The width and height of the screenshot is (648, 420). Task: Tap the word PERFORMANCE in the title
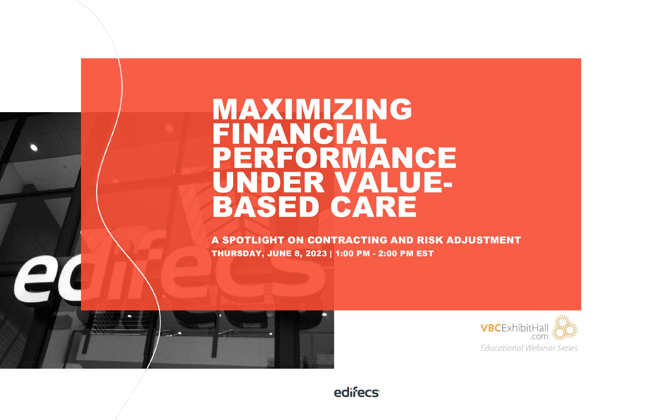334,158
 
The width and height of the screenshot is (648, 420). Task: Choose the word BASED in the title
266,207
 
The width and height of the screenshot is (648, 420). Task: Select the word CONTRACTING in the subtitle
347,240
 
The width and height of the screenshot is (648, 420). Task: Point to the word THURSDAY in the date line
237,254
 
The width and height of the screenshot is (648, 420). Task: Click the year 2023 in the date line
316,254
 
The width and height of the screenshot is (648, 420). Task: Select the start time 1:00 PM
352,254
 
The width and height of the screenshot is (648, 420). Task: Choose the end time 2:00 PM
395,254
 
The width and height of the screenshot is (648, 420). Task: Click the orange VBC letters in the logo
491,328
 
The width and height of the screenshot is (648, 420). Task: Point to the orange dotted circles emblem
565,328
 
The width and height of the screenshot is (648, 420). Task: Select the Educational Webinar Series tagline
529,348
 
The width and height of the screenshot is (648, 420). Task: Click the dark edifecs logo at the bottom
356,393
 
